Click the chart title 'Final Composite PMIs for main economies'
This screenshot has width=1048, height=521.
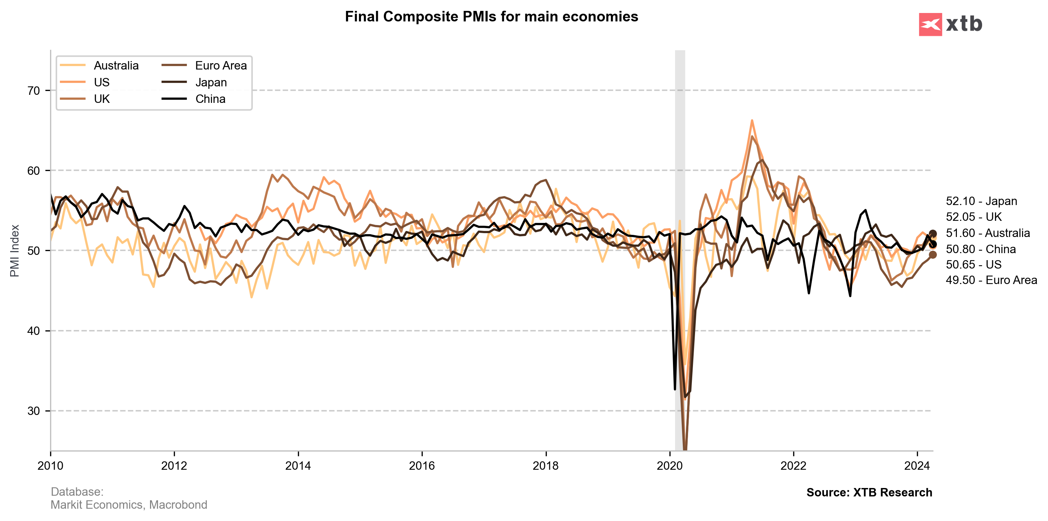coord(491,17)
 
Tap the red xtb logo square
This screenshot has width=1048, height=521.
coord(930,25)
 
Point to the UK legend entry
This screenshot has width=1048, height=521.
coord(102,99)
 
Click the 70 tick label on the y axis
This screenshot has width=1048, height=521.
coord(34,91)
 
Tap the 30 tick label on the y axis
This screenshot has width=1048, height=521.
coord(34,411)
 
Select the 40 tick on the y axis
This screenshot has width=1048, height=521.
coord(34,331)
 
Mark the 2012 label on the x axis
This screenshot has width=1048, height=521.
coord(174,466)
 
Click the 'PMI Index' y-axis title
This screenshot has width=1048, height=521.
coord(15,251)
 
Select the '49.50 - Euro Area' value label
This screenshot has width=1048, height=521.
coord(991,280)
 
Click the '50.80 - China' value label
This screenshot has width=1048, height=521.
coord(980,249)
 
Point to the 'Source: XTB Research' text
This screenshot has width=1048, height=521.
coord(869,493)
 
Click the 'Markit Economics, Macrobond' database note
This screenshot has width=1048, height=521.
coord(129,505)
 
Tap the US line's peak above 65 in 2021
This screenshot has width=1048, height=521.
coord(752,120)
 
